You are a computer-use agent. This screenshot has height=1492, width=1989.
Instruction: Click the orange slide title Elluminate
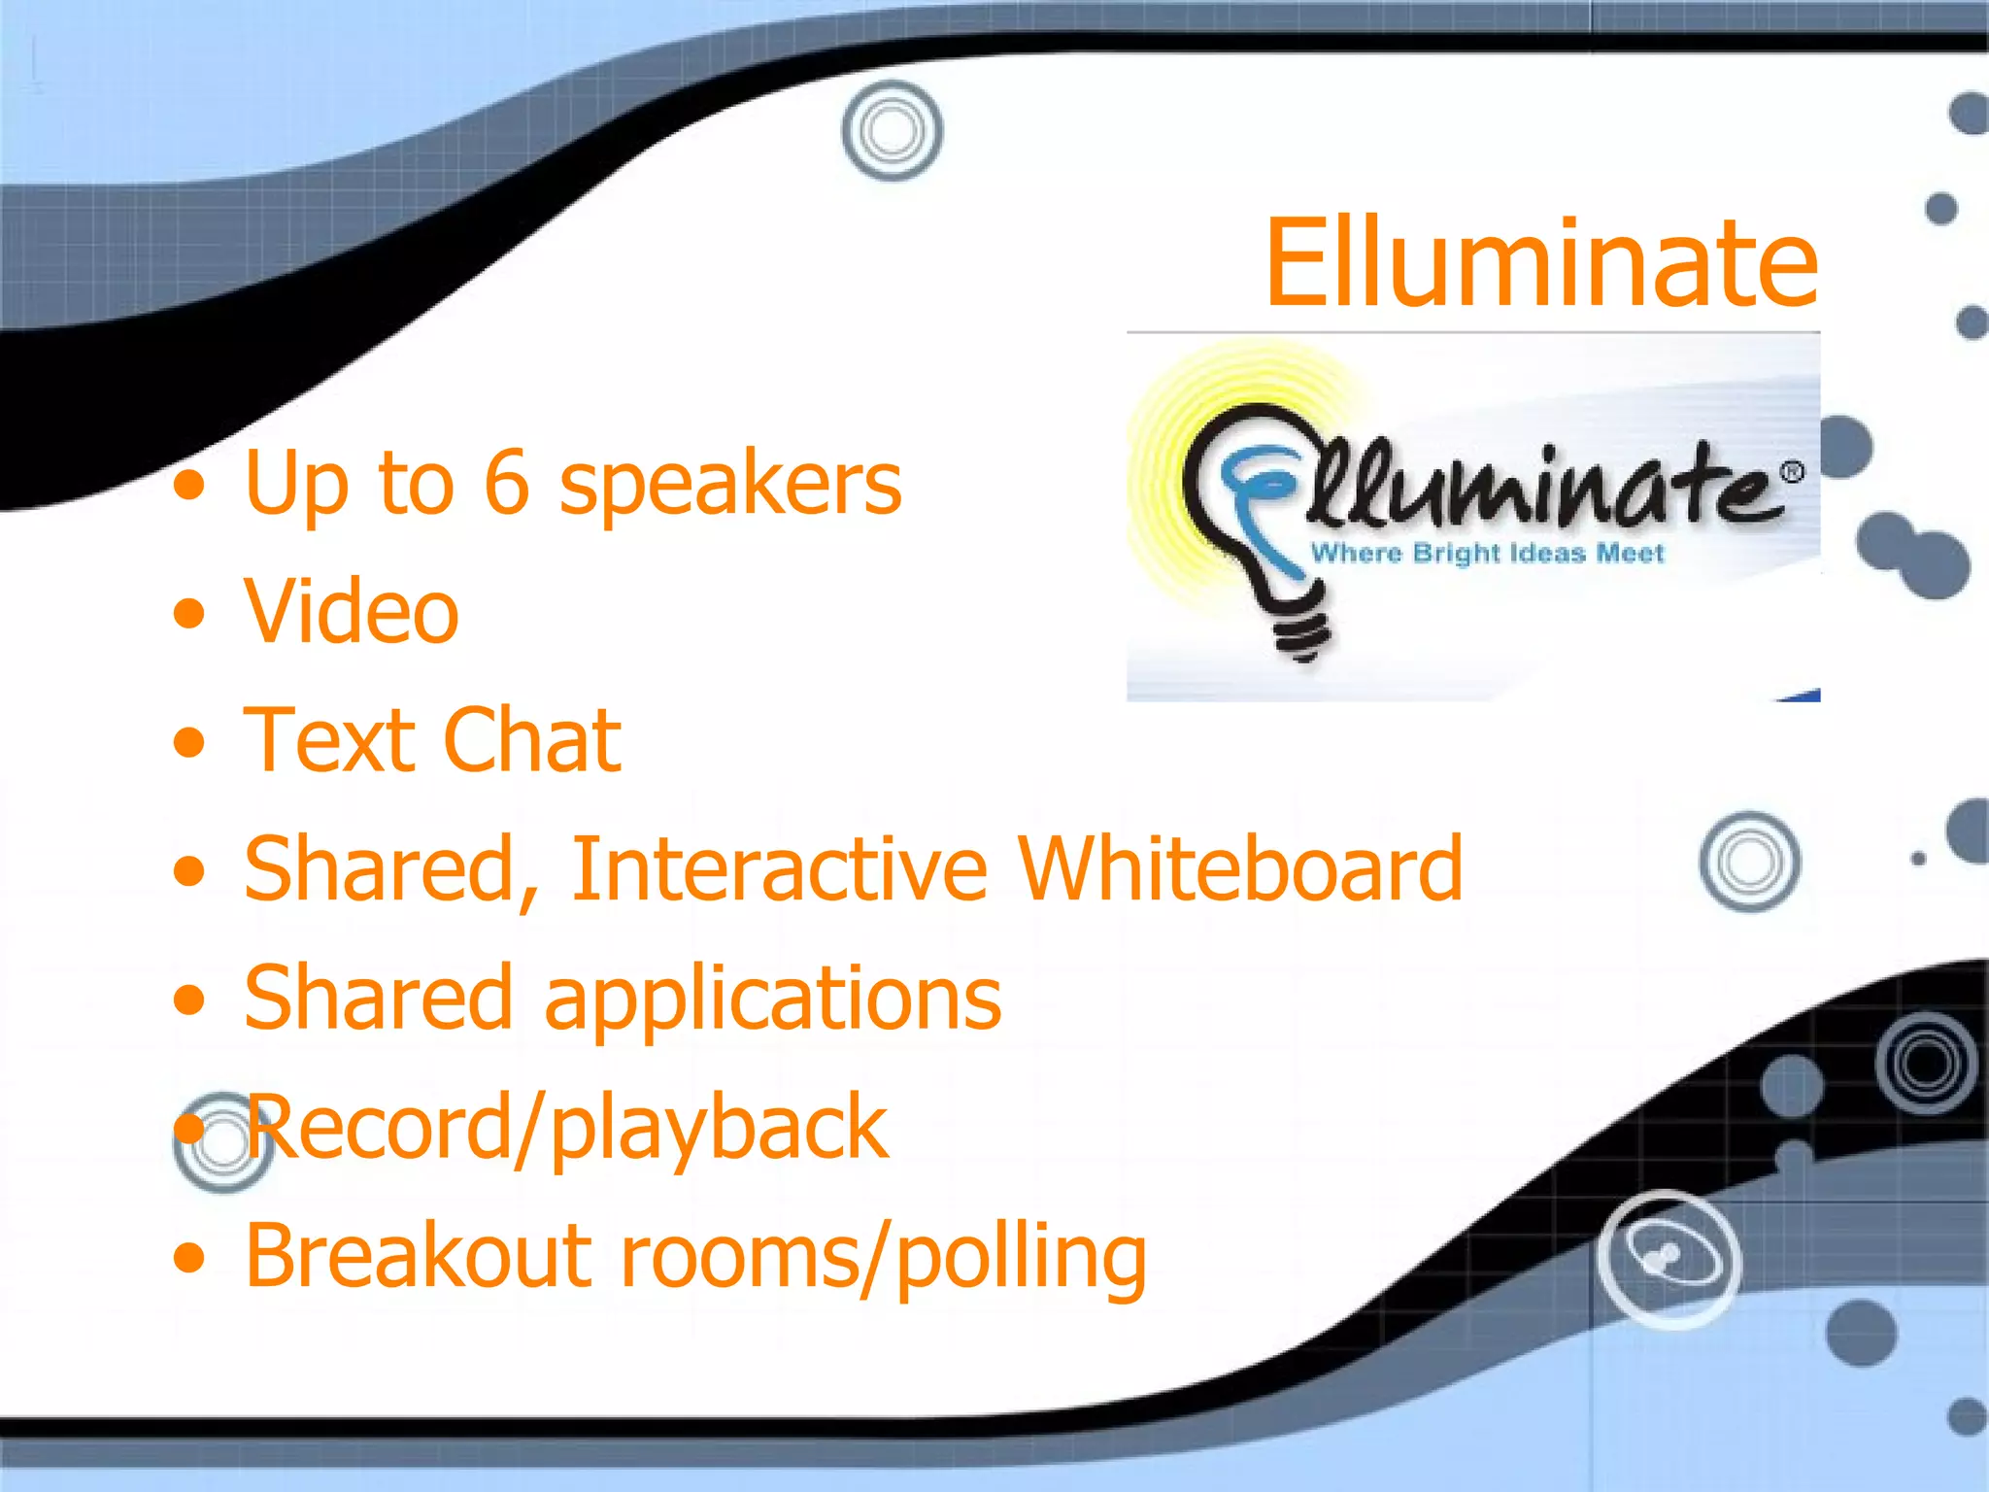pos(1541,262)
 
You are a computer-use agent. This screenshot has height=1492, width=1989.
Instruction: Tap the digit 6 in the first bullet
pos(507,483)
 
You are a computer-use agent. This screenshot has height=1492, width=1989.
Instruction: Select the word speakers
pos(730,486)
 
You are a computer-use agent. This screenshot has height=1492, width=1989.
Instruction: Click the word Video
pos(351,611)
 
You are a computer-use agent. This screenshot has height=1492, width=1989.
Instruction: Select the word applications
pos(773,1000)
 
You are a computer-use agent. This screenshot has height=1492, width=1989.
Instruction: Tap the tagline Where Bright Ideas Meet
pos(1487,554)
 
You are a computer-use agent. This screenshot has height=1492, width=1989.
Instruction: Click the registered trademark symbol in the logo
pos(1792,472)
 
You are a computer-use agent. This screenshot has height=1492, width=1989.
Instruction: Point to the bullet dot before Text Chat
pos(190,743)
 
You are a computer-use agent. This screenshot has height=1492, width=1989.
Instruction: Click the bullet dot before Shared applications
pos(190,1000)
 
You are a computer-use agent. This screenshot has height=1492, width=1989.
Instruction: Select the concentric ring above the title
pos(892,130)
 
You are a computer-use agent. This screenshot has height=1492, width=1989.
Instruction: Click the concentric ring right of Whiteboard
pos(1749,862)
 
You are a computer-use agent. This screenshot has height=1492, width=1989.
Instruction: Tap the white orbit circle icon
pos(1669,1259)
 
